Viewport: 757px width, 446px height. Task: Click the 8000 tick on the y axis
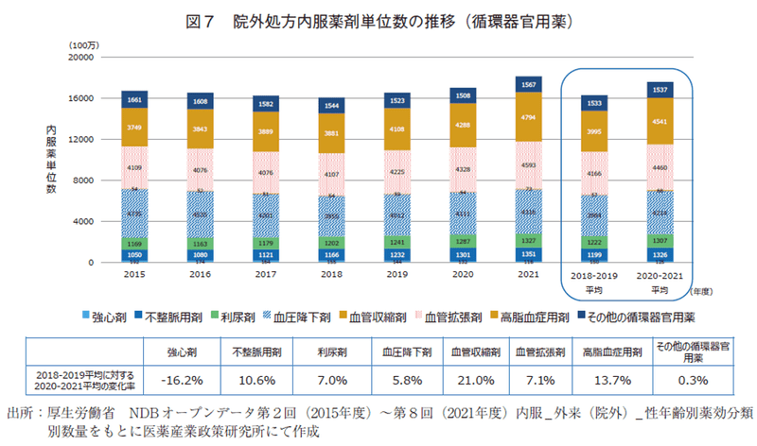[x=83, y=180]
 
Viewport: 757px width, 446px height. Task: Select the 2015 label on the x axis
[x=134, y=273]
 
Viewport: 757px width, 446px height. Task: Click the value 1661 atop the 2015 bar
[x=134, y=99]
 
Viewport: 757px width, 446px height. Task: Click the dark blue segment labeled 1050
[x=134, y=255]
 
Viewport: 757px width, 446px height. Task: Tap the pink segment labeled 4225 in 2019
[x=396, y=172]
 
